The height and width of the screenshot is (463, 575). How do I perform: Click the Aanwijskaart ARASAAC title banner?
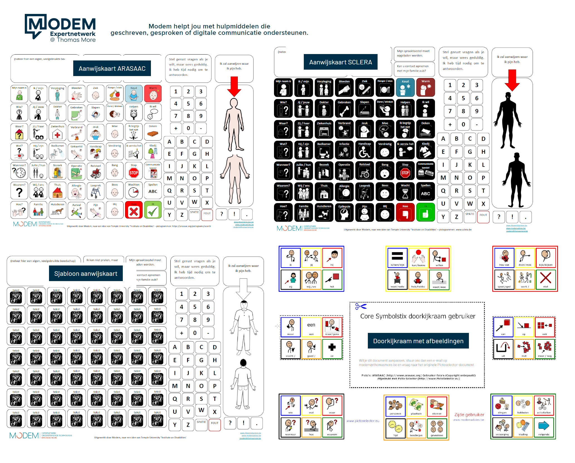click(112, 69)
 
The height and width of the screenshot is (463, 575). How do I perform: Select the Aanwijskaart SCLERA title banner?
click(340, 62)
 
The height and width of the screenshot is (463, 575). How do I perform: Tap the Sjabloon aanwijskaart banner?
click(86, 274)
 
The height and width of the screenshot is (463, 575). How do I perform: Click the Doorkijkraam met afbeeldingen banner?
click(418, 341)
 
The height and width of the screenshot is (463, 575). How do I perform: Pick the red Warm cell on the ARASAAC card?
click(153, 94)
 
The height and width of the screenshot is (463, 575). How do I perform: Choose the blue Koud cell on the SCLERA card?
click(405, 87)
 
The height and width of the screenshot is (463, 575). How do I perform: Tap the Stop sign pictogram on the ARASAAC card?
click(134, 172)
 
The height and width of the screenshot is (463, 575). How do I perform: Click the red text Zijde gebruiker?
click(469, 415)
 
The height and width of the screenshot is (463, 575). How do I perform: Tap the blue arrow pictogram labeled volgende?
click(544, 426)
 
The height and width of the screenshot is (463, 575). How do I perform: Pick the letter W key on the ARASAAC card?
click(194, 202)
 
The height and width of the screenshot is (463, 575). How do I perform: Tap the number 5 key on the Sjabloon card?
click(195, 307)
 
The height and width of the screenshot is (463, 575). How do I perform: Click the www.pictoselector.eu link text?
click(363, 421)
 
